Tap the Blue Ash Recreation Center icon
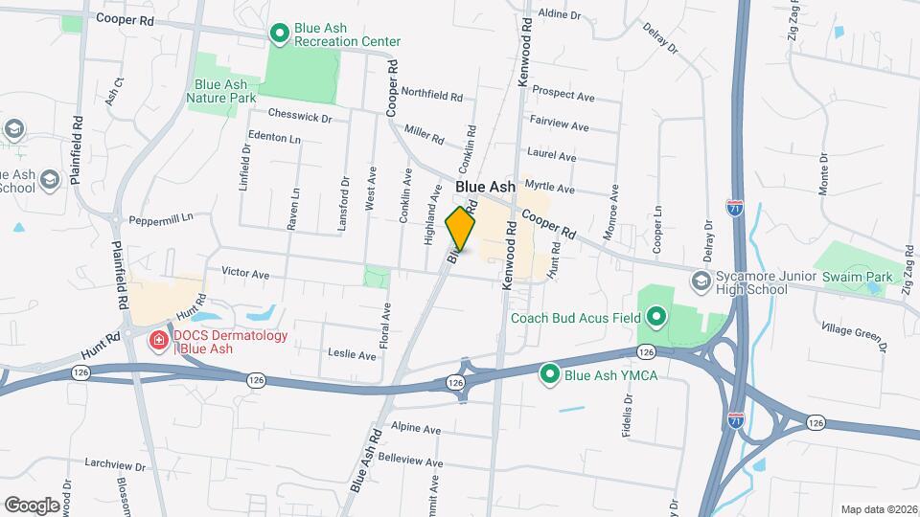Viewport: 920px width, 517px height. [279, 34]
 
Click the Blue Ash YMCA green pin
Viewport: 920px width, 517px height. [549, 374]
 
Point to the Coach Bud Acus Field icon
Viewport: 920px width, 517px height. [656, 316]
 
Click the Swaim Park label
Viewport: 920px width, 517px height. [861, 278]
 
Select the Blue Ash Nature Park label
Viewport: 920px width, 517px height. [221, 91]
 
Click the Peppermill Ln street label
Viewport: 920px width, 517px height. [161, 218]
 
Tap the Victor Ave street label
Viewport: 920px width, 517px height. [245, 273]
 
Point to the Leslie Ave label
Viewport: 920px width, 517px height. [352, 354]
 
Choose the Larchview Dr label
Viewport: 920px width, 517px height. [113, 466]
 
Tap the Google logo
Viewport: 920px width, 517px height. [32, 505]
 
